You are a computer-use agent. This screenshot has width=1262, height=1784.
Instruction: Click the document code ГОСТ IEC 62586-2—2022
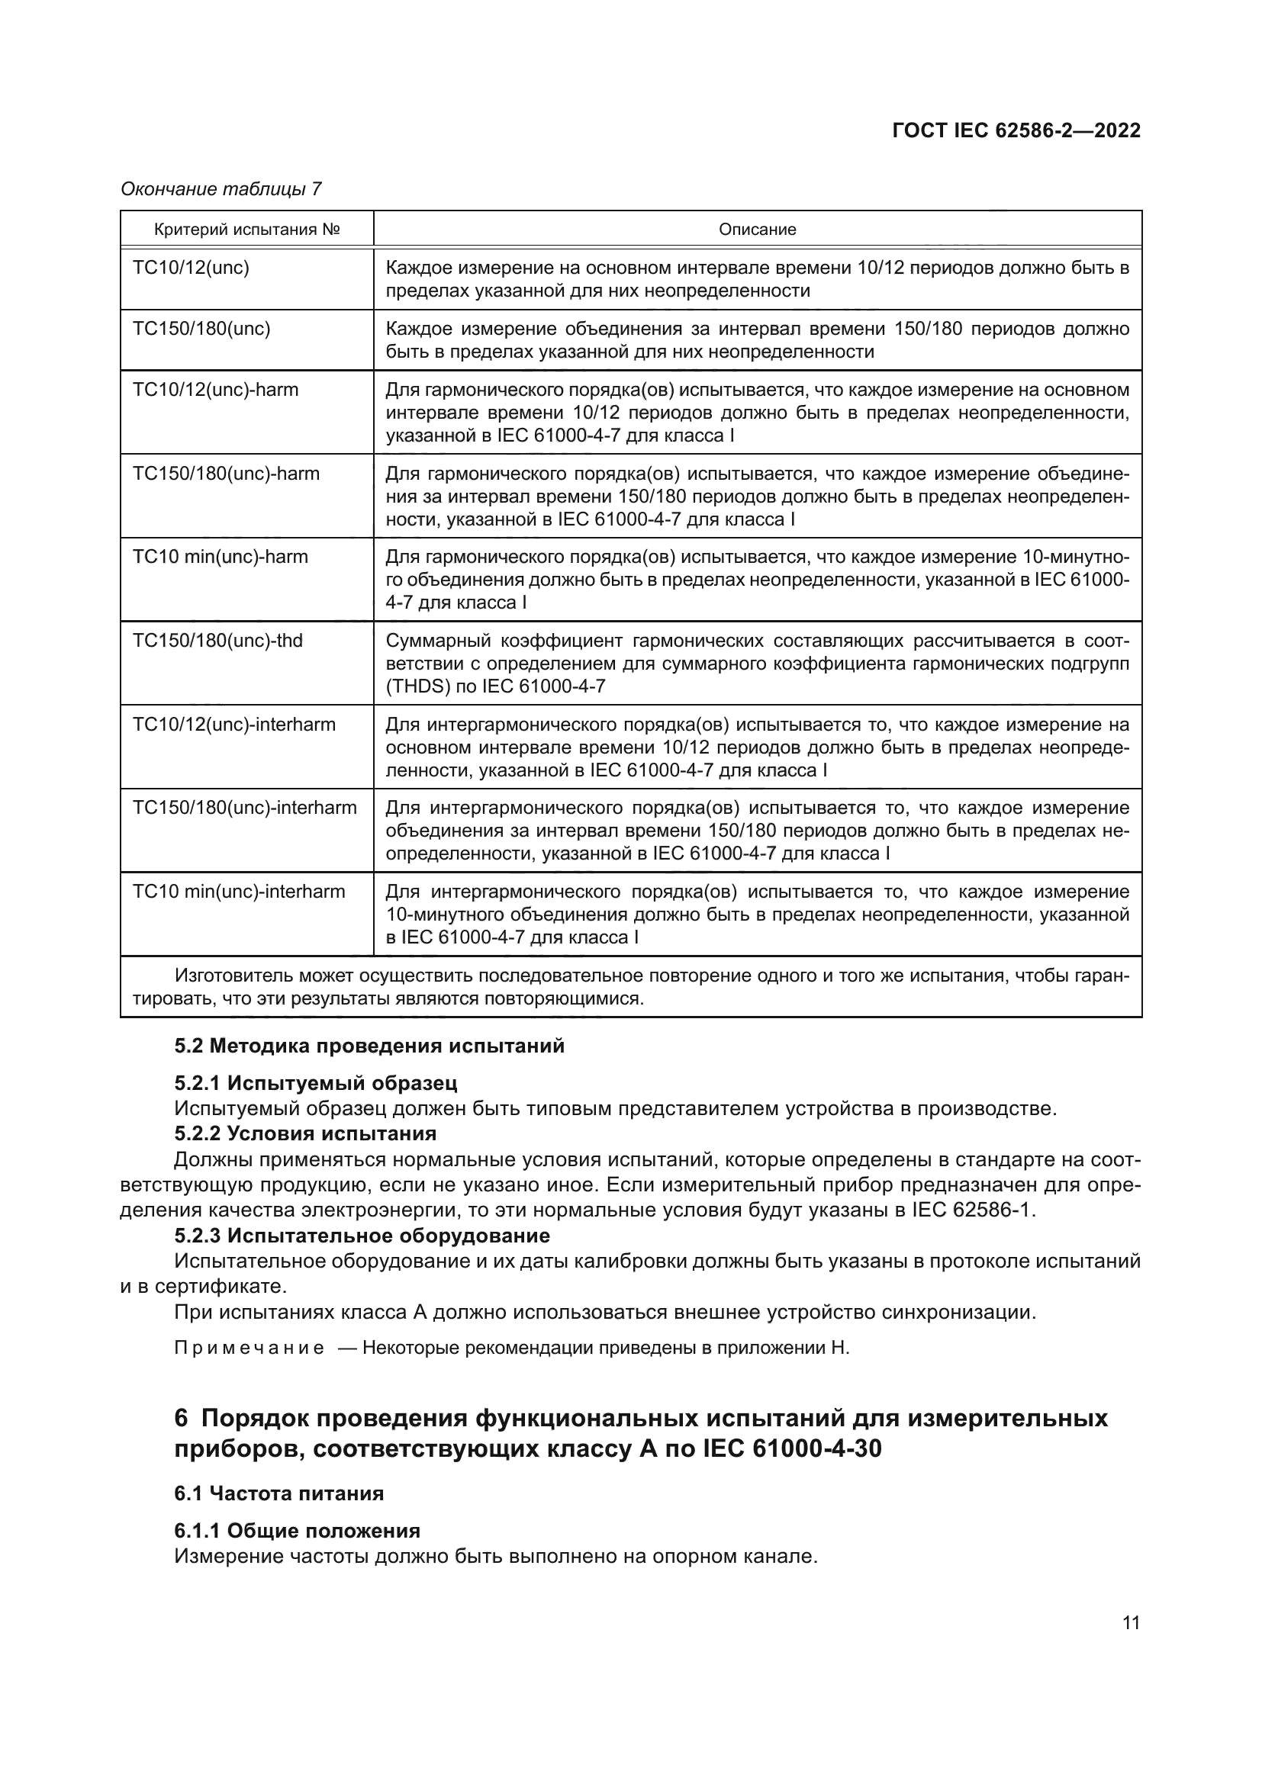point(1016,130)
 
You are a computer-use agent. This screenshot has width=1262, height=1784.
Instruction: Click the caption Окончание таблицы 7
point(221,189)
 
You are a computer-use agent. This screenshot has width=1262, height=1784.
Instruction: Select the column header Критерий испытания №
point(247,230)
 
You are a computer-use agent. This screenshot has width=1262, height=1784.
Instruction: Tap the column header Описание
point(757,230)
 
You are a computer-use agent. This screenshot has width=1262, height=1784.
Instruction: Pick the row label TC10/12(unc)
point(192,268)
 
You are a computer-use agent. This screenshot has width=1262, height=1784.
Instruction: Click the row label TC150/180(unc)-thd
point(217,641)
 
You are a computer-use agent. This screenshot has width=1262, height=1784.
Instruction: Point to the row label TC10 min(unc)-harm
point(221,557)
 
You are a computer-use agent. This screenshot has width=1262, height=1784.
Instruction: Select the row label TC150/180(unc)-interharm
point(245,808)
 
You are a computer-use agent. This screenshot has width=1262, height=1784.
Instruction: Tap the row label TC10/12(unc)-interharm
point(234,725)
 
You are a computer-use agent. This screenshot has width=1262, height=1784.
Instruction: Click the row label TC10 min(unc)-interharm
point(239,892)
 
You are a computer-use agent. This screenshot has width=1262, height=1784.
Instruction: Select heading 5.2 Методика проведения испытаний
point(369,1046)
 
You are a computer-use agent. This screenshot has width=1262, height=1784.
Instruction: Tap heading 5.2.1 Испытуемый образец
point(316,1083)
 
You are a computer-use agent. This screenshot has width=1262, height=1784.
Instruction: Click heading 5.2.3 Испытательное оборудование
point(362,1236)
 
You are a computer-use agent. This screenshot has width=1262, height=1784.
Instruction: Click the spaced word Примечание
point(250,1348)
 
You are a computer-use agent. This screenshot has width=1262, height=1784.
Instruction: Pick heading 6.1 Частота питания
point(279,1493)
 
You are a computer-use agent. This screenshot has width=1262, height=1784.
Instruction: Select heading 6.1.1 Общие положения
point(297,1531)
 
